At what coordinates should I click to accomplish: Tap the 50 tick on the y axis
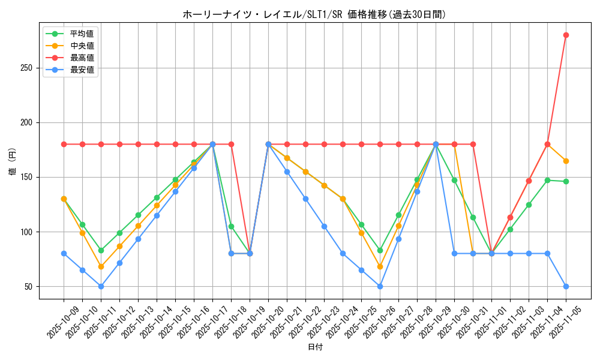(28, 287)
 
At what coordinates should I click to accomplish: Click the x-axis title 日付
(315, 347)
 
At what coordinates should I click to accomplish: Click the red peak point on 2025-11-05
(566, 35)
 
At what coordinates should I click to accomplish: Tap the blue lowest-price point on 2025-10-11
(101, 286)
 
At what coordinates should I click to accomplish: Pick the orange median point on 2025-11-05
(566, 161)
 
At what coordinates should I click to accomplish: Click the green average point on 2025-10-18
(231, 226)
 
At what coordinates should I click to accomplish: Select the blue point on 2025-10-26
(380, 286)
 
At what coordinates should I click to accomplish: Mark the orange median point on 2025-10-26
(380, 266)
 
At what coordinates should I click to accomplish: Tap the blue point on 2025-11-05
(566, 286)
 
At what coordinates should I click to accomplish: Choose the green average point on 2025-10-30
(454, 180)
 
